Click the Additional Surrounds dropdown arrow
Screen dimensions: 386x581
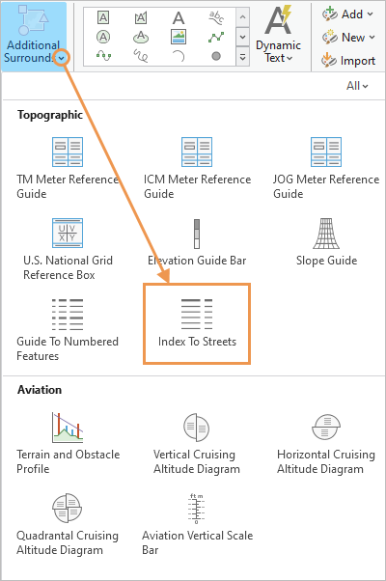point(62,58)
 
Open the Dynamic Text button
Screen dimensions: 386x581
point(278,34)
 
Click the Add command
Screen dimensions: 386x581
point(347,14)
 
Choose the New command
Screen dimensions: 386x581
point(348,37)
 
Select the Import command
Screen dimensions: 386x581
point(348,60)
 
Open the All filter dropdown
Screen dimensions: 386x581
point(357,86)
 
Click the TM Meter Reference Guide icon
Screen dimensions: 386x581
point(68,152)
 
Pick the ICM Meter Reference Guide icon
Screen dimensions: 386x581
point(197,152)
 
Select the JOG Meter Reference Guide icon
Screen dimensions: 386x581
point(326,152)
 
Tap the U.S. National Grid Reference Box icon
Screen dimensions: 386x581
point(68,233)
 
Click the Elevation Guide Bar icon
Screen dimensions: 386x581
point(197,234)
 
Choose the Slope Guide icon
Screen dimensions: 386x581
point(326,234)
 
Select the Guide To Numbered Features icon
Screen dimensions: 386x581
point(68,315)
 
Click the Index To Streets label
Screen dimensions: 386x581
point(197,342)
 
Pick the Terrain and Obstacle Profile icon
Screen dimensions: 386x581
point(68,428)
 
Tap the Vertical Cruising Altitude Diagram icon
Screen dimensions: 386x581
point(196,428)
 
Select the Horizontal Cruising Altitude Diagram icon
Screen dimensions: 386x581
point(326,428)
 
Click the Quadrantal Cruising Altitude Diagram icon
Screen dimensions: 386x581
point(67,508)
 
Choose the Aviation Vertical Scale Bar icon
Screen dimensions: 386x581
point(196,509)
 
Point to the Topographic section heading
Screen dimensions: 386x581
point(50,115)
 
